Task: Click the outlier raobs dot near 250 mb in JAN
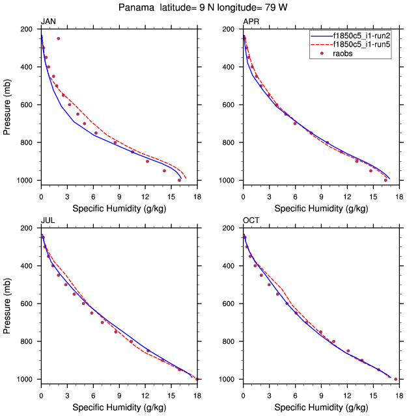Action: pos(58,38)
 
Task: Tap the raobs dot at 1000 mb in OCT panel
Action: pos(395,379)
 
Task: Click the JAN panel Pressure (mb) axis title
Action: pos(8,105)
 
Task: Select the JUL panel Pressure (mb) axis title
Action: pos(8,304)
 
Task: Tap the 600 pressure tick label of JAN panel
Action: pos(28,105)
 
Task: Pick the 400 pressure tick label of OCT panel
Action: pos(230,266)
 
